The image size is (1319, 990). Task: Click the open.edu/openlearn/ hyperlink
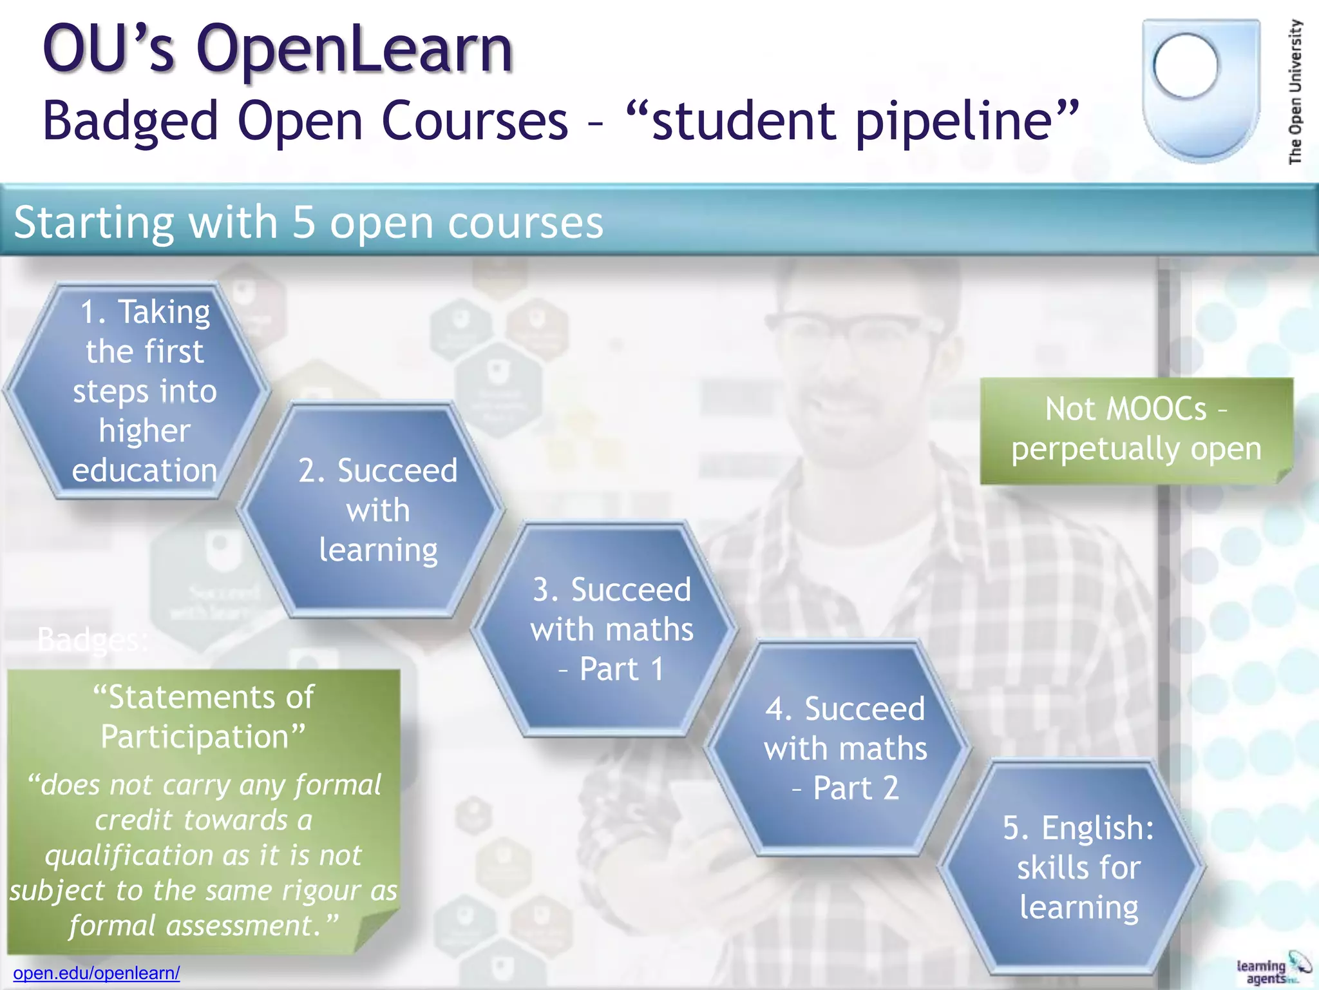(x=97, y=973)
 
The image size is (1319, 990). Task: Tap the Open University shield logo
(x=1200, y=90)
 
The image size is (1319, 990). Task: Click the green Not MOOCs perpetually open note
(x=1136, y=429)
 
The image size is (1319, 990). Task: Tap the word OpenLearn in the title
(x=354, y=49)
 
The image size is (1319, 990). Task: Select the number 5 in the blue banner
(x=303, y=222)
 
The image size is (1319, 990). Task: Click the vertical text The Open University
(x=1295, y=92)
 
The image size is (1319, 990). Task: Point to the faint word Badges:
(x=92, y=640)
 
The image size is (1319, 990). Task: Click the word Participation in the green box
(x=195, y=737)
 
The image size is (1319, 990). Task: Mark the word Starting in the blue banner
(x=94, y=222)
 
